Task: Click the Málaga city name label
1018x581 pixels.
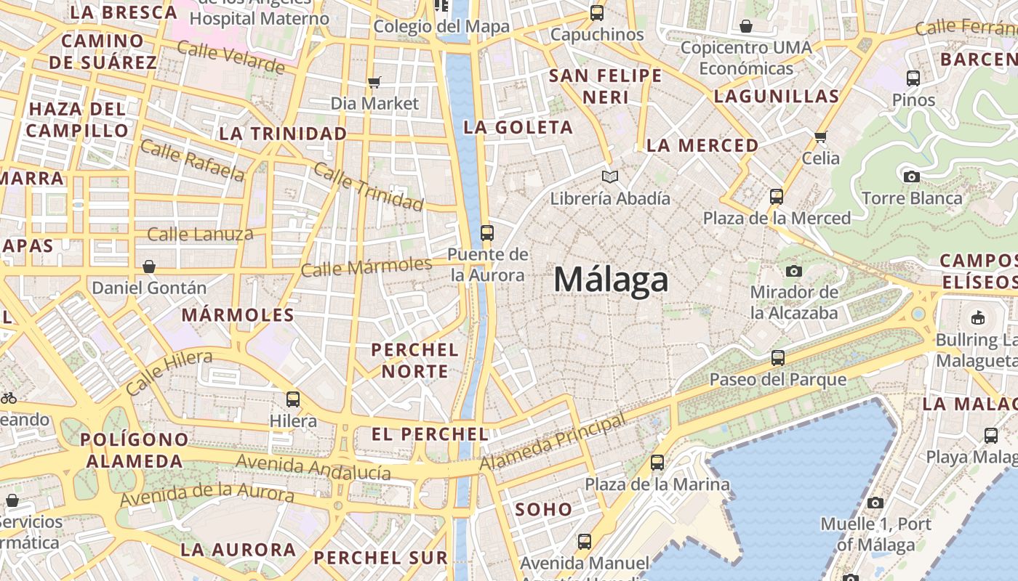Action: (x=611, y=280)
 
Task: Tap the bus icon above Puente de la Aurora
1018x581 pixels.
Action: (x=487, y=233)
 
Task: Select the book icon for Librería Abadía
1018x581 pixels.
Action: (x=610, y=176)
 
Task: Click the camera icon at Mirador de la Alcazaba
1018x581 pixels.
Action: (x=794, y=271)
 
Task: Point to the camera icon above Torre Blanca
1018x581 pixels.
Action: (x=911, y=176)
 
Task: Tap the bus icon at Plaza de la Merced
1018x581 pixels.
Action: (x=777, y=196)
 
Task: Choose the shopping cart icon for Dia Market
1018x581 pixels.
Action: (x=374, y=82)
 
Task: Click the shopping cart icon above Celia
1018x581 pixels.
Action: (x=821, y=137)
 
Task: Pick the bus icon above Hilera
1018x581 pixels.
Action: (x=293, y=399)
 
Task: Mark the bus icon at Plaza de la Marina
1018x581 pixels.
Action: (x=657, y=462)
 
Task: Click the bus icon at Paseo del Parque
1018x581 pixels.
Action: (x=778, y=357)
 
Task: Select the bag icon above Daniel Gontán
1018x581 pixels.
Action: (x=149, y=267)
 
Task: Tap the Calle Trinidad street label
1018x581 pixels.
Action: (x=368, y=187)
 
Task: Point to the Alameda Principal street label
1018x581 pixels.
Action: (x=553, y=442)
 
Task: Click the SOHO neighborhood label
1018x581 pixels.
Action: (x=544, y=510)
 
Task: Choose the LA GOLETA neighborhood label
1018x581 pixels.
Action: (x=518, y=128)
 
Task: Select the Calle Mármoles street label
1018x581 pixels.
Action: (x=366, y=267)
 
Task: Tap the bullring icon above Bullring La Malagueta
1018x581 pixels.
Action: (x=978, y=317)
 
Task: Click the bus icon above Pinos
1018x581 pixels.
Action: (x=913, y=78)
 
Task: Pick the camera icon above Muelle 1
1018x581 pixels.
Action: (x=875, y=503)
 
